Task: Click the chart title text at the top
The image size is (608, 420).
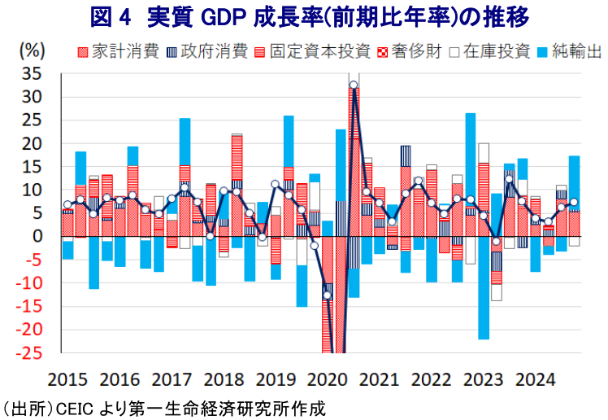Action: click(x=303, y=16)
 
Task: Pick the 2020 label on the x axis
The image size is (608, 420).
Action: click(x=329, y=380)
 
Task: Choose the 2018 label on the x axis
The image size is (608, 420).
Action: click(x=224, y=380)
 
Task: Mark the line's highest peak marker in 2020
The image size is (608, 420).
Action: click(x=354, y=85)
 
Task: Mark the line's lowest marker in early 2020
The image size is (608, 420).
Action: click(x=328, y=295)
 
